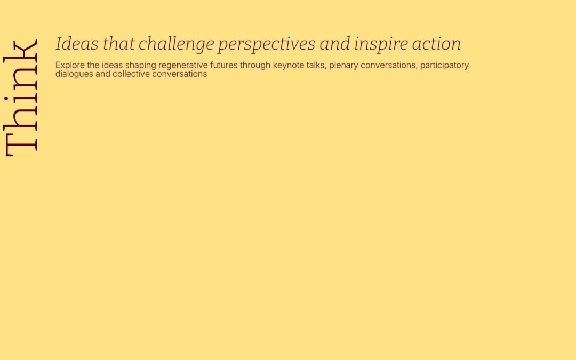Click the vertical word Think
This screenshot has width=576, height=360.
point(21,98)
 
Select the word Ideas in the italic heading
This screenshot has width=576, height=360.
point(77,43)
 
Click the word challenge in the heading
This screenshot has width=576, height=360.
point(177,44)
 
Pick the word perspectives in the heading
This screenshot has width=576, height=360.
point(266,44)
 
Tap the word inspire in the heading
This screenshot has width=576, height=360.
point(381,44)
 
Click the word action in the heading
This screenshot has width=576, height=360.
point(436,44)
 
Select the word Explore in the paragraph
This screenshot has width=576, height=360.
point(70,66)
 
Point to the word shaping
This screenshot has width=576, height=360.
point(141,66)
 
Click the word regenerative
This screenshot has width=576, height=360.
point(183,66)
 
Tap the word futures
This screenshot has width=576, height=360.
point(223,65)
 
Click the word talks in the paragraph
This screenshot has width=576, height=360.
point(315,65)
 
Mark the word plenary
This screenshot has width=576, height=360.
point(343,66)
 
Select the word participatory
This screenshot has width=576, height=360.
point(444,66)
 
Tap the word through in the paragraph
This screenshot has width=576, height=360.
point(255,66)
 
